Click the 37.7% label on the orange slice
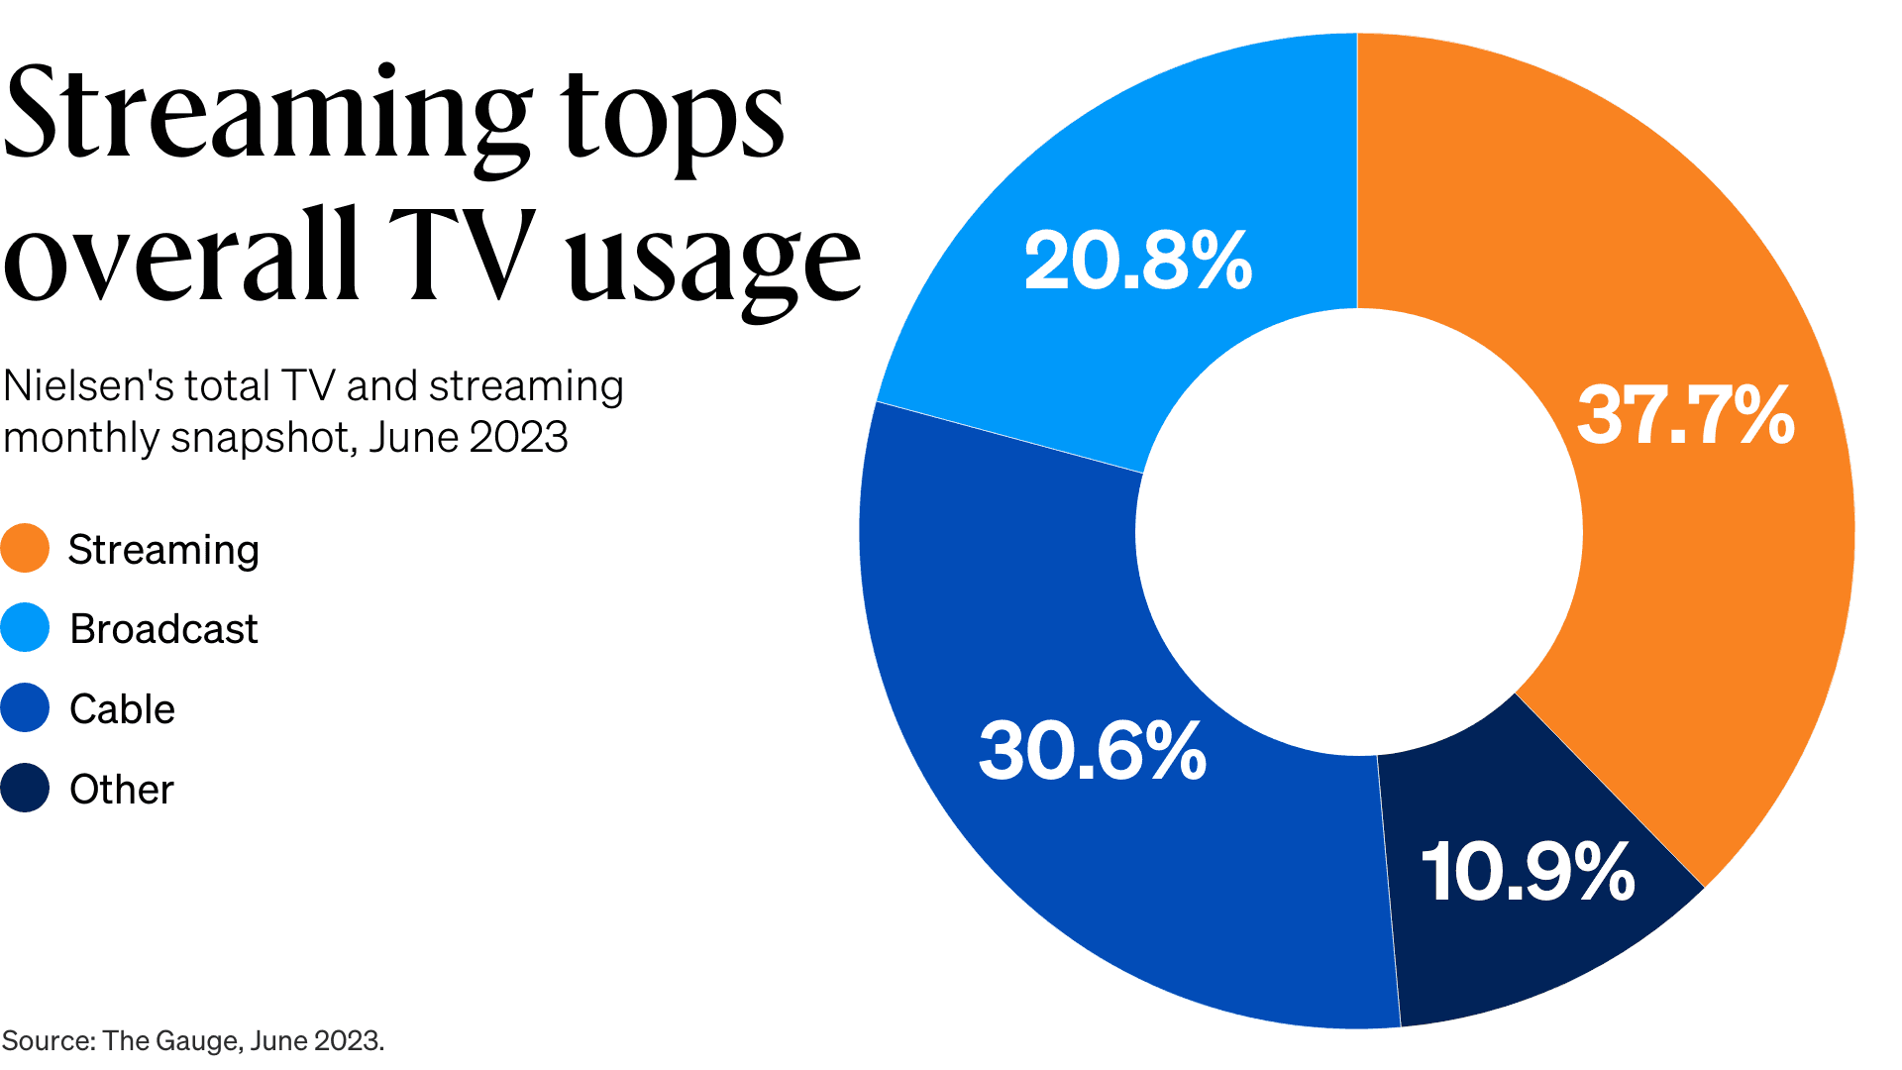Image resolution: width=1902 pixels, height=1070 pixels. pyautogui.click(x=1685, y=414)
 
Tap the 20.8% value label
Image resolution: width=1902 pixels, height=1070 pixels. pyautogui.click(x=1137, y=261)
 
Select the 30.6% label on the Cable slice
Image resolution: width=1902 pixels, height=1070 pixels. pyautogui.click(x=1092, y=750)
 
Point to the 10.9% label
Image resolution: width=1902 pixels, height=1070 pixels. pyautogui.click(x=1527, y=872)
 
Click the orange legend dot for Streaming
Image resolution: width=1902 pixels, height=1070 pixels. pyautogui.click(x=25, y=548)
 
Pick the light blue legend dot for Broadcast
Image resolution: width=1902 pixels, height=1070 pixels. pyautogui.click(x=25, y=627)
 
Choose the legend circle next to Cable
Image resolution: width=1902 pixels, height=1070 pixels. pyautogui.click(x=25, y=707)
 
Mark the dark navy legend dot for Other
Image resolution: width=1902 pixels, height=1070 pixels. pyautogui.click(x=25, y=788)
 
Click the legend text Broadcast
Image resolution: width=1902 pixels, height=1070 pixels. pyautogui.click(x=163, y=629)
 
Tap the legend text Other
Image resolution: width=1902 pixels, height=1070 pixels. pyautogui.click(x=121, y=790)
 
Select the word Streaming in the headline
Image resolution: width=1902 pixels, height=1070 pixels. pyautogui.click(x=265, y=114)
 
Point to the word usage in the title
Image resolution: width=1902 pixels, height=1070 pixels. pyautogui.click(x=713, y=260)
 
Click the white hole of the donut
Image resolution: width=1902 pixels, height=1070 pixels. pyautogui.click(x=1358, y=532)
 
